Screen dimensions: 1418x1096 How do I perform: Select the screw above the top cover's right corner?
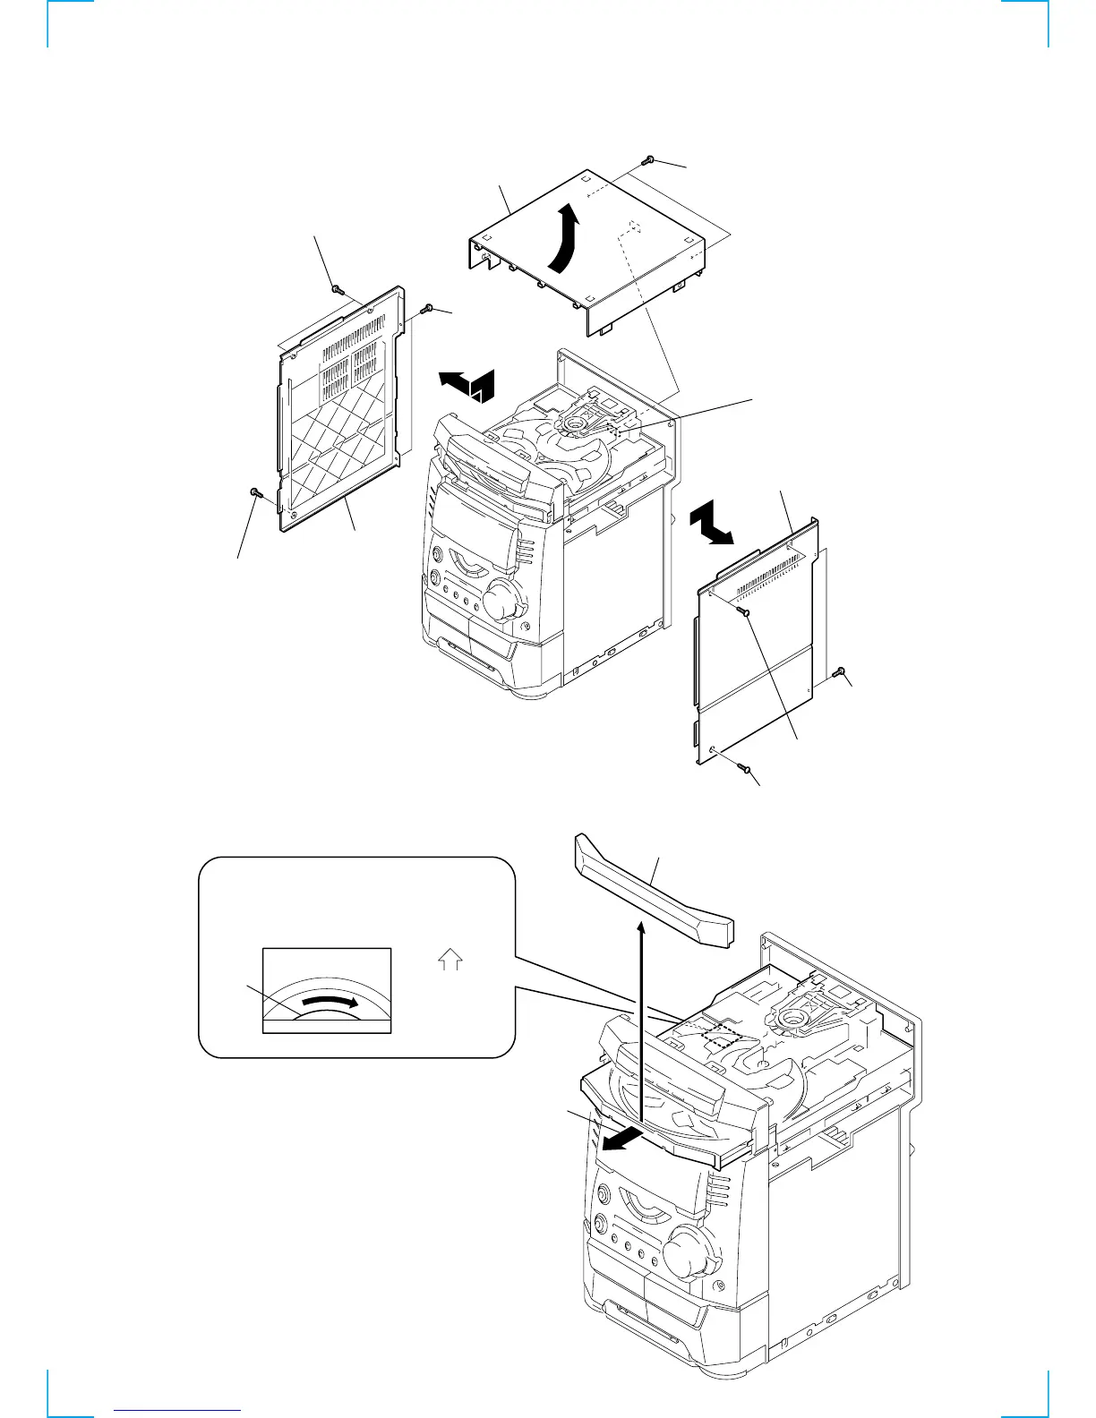tap(648, 160)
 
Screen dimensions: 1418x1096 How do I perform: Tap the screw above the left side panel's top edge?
tap(336, 288)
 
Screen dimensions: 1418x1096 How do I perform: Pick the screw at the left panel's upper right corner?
tap(428, 309)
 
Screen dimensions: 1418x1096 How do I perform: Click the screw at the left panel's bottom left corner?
tap(255, 491)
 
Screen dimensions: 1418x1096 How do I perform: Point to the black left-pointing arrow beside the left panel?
tap(464, 383)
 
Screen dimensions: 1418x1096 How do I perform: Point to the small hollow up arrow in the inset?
tap(450, 962)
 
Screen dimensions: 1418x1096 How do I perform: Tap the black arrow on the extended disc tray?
tap(621, 1140)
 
